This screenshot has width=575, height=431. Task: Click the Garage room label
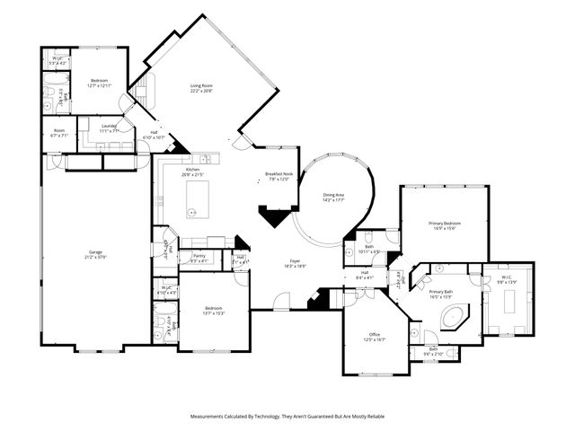(x=95, y=252)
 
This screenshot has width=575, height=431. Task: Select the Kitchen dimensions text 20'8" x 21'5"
(x=193, y=174)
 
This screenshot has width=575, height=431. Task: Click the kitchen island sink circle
(x=191, y=212)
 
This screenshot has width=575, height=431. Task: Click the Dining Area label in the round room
(x=334, y=195)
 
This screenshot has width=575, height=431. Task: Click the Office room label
(x=374, y=335)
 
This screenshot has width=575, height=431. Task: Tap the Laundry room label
(x=109, y=127)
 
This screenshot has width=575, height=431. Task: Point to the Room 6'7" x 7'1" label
(x=59, y=131)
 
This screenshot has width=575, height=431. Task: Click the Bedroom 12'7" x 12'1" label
(x=99, y=82)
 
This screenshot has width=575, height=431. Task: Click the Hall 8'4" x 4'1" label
(x=365, y=273)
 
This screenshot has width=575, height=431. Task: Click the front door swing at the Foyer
(x=282, y=303)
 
